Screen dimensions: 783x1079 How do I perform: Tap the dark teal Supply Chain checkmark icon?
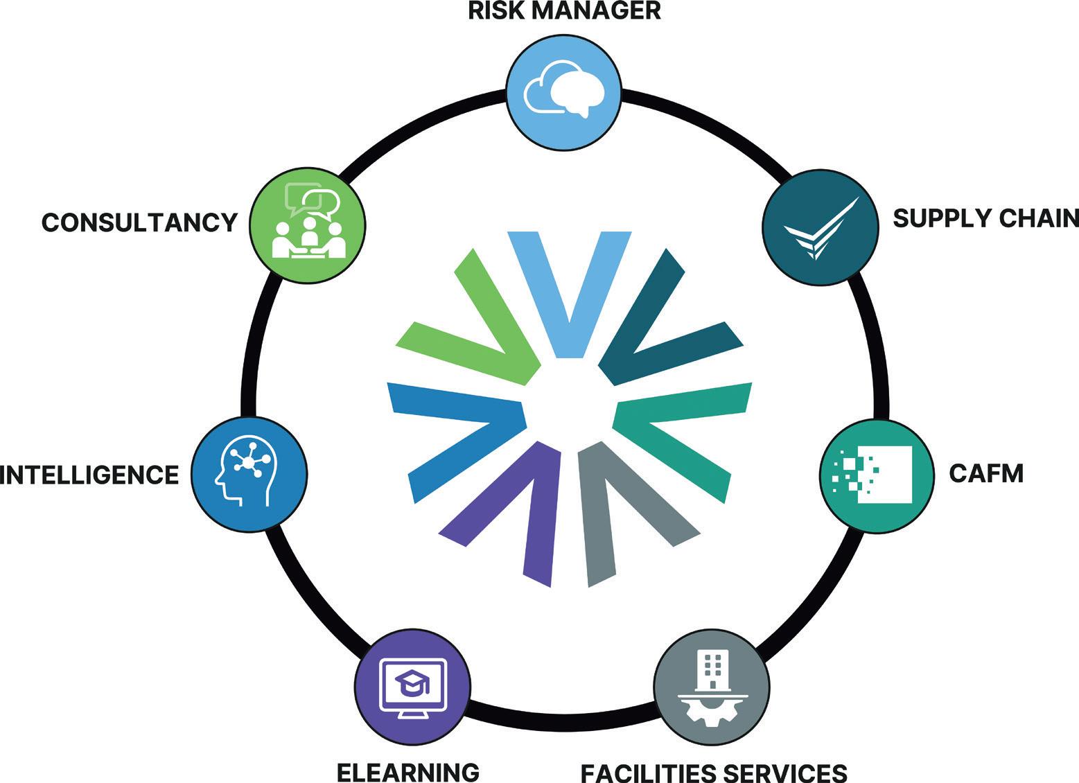(819, 226)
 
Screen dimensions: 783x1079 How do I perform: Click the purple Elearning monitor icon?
(413, 686)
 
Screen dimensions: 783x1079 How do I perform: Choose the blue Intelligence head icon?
(249, 473)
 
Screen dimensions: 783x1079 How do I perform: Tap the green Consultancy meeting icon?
(308, 225)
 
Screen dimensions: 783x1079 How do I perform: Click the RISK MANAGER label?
(564, 11)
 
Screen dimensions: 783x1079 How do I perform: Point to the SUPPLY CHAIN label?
(985, 218)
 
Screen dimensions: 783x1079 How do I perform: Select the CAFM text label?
(985, 474)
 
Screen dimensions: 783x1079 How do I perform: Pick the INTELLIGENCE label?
(89, 475)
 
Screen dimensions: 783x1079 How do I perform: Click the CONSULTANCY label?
(139, 222)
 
